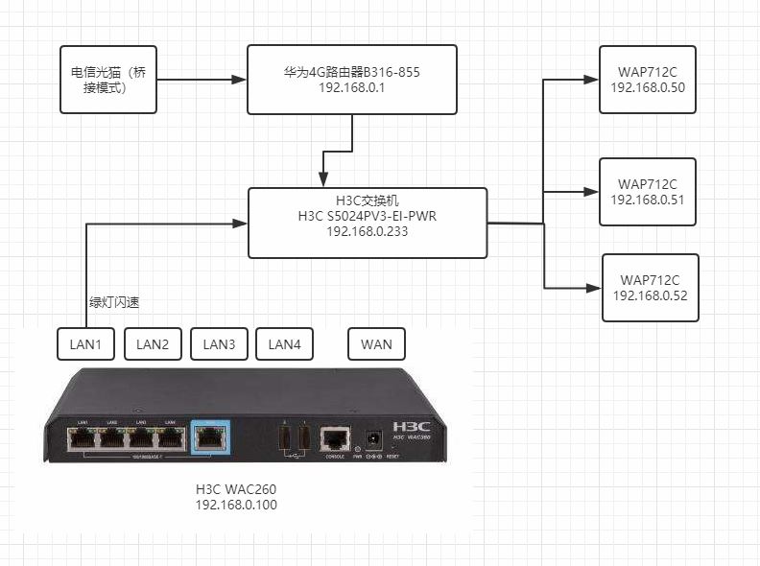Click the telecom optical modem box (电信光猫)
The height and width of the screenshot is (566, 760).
108,79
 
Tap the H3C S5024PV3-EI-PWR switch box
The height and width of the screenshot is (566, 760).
368,224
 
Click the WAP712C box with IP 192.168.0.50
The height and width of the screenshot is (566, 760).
648,79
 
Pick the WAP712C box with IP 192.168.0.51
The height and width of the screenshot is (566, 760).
648,191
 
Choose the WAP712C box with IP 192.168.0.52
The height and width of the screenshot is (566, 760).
651,287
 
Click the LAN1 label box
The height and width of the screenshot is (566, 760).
86,344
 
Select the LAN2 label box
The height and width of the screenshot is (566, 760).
153,344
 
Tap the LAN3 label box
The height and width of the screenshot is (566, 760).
219,344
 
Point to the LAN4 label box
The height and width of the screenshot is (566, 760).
285,344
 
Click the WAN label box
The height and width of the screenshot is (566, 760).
376,344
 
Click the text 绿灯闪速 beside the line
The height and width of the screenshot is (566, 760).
114,303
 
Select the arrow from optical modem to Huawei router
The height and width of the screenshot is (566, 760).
202,79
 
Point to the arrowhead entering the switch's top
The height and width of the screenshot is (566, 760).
323,181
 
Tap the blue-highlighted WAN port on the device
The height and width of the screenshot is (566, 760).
210,438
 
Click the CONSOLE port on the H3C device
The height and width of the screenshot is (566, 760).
334,439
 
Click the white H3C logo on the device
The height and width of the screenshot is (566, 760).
412,425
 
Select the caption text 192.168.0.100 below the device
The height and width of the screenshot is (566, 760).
236,505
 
